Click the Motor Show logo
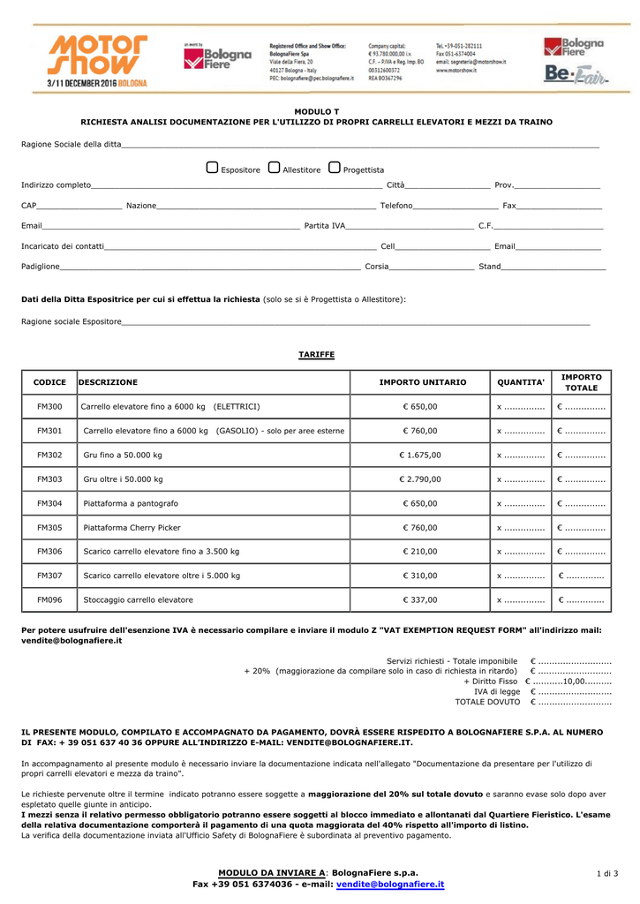click(97, 60)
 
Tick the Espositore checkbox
click(212, 168)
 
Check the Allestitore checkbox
click(274, 168)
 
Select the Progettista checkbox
click(334, 168)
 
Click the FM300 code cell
click(49, 407)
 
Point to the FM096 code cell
click(49, 600)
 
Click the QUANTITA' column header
click(521, 382)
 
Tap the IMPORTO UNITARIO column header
click(422, 382)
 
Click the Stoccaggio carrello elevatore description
click(138, 600)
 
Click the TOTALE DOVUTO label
click(487, 702)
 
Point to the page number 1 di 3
click(607, 874)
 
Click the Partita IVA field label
click(325, 226)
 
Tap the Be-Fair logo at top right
click(575, 76)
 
